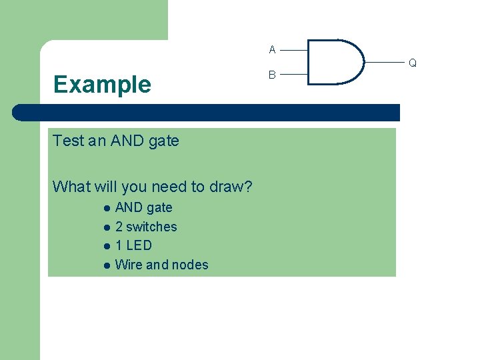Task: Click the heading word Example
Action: (102, 85)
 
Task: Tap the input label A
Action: (272, 49)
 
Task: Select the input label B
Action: (272, 75)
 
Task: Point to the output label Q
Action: (413, 63)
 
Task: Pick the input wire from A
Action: (294, 49)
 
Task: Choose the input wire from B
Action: (294, 75)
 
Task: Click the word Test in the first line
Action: (69, 141)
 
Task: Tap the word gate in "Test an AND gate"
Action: (164, 141)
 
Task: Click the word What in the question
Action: (69, 187)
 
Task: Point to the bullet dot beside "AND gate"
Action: (106, 209)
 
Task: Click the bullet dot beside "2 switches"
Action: (106, 227)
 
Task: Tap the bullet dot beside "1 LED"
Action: (106, 246)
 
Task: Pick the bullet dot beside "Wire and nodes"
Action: (106, 265)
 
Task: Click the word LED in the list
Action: (139, 245)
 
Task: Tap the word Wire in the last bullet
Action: (129, 265)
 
